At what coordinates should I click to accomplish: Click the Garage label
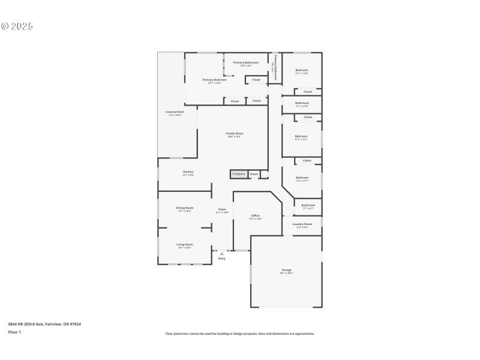pos(287,271)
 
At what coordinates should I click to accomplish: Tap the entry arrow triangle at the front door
pos(221,253)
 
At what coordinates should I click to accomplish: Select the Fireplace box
pos(238,174)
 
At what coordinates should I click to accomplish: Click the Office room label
pos(255,215)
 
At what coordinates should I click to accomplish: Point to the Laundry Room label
pos(302,224)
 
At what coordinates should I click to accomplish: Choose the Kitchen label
pos(188,172)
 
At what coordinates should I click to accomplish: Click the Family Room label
pos(234,133)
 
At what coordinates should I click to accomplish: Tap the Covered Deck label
pos(175,112)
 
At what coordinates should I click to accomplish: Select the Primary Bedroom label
pos(214,80)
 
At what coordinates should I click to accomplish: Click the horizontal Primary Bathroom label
pos(246,63)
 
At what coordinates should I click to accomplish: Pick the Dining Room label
pos(185,208)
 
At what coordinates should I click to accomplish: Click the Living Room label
pos(184,244)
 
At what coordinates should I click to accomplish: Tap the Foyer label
pos(222,209)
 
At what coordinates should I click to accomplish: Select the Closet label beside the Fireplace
pos(254,174)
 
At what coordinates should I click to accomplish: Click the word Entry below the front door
pos(221,259)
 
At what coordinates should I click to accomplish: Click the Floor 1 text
pos(14,332)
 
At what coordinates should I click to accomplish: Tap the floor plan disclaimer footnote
pos(239,334)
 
